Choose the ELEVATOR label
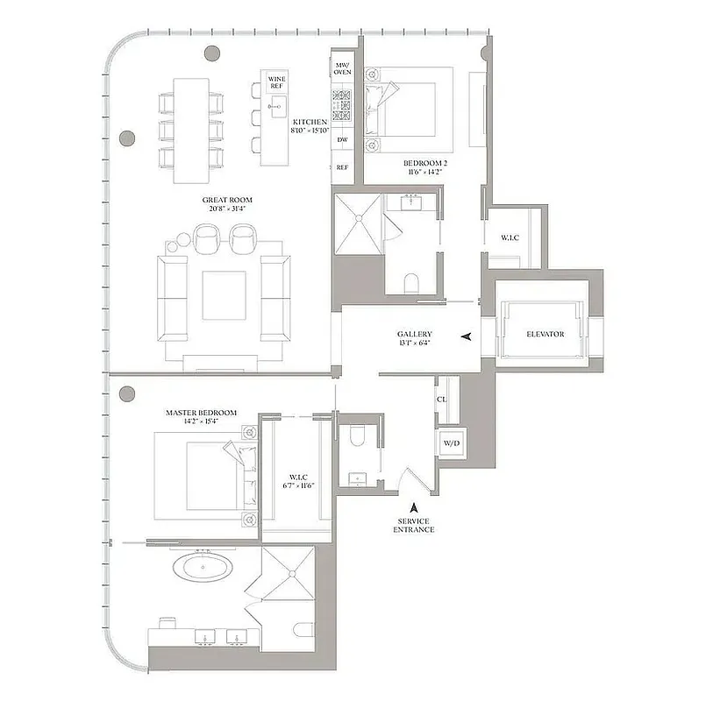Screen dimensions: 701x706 click(x=545, y=334)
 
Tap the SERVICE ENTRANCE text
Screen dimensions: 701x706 click(x=414, y=525)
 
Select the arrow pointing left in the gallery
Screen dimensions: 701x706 click(x=466, y=336)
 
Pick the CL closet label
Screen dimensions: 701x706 click(x=442, y=399)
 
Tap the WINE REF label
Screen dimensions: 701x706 click(x=276, y=83)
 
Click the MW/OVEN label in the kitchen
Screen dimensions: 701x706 click(x=342, y=68)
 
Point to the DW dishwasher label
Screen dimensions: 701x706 click(x=342, y=139)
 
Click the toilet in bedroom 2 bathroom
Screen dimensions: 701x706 click(x=410, y=282)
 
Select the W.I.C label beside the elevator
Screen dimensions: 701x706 click(x=510, y=237)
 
